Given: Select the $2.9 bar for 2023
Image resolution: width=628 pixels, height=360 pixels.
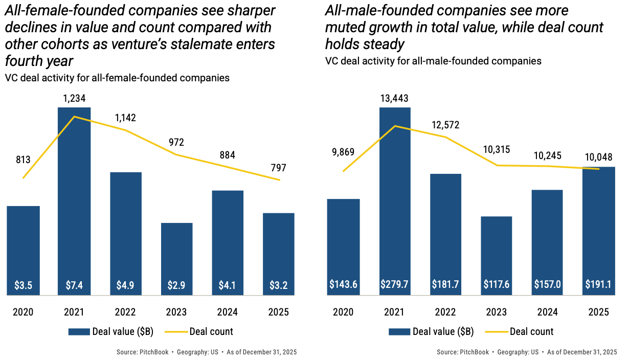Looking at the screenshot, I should [x=177, y=256].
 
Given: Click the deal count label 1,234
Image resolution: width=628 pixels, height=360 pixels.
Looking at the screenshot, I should [x=74, y=98].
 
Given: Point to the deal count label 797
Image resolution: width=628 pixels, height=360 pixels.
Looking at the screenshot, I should [x=279, y=168].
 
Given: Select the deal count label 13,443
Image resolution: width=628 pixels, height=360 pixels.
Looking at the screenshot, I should [x=394, y=98].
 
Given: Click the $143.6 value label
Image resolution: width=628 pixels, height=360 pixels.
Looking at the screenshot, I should [x=343, y=284].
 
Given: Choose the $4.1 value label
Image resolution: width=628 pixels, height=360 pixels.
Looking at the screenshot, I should [x=228, y=285].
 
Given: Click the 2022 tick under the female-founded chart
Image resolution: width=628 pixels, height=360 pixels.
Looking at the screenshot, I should [x=125, y=312].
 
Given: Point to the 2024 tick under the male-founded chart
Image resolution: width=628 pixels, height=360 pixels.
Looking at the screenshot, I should [x=547, y=312].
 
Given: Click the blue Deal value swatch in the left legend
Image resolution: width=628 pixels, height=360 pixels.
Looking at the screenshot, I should [x=79, y=332].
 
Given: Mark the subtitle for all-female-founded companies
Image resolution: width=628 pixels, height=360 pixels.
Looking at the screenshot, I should [x=117, y=78].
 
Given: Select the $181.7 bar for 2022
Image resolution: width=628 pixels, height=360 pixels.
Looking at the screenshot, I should [x=446, y=230].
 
